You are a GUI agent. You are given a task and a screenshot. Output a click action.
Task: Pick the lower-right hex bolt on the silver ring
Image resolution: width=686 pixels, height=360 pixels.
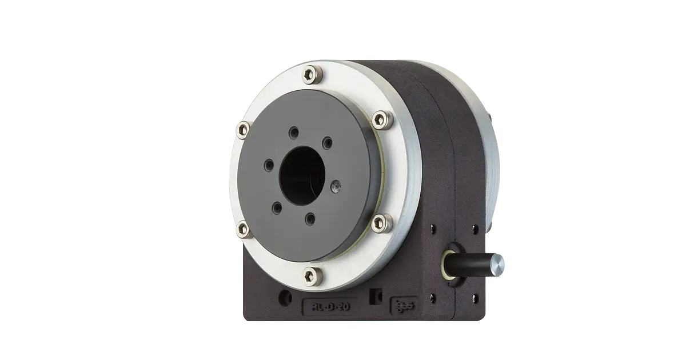pyautogui.click(x=381, y=222)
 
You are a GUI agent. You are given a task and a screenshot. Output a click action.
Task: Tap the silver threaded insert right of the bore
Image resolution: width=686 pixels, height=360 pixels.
pyautogui.click(x=336, y=185)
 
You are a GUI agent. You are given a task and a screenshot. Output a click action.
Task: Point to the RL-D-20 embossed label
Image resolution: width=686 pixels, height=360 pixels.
pyautogui.click(x=329, y=307)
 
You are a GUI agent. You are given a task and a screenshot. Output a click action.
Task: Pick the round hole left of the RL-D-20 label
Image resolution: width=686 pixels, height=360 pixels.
pyautogui.click(x=284, y=298)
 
